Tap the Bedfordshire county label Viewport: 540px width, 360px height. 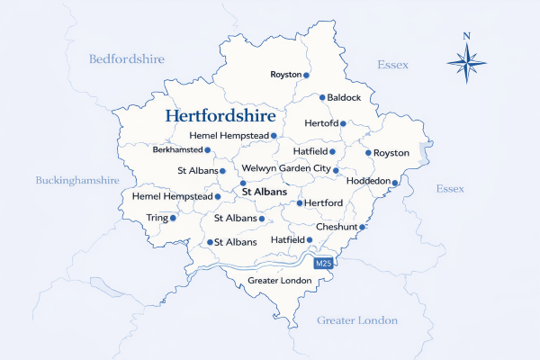(x=127, y=59)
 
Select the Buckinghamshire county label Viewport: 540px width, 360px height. (x=77, y=180)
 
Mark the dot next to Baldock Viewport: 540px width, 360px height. (x=322, y=97)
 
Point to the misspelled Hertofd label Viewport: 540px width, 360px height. (x=322, y=123)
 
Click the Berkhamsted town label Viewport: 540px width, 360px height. (x=176, y=150)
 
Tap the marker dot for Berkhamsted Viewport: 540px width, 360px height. (x=208, y=150)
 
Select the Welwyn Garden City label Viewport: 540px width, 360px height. (x=285, y=169)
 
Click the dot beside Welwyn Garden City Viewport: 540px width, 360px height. (x=335, y=170)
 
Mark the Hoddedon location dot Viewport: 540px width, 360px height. (x=394, y=183)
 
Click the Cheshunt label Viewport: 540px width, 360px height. (x=336, y=227)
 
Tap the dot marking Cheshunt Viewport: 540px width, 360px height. (x=362, y=227)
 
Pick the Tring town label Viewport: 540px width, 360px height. (x=157, y=218)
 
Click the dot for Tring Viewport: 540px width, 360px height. (x=174, y=218)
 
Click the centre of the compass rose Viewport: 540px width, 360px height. (x=466, y=63)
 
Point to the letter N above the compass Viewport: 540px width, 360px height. (x=466, y=37)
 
